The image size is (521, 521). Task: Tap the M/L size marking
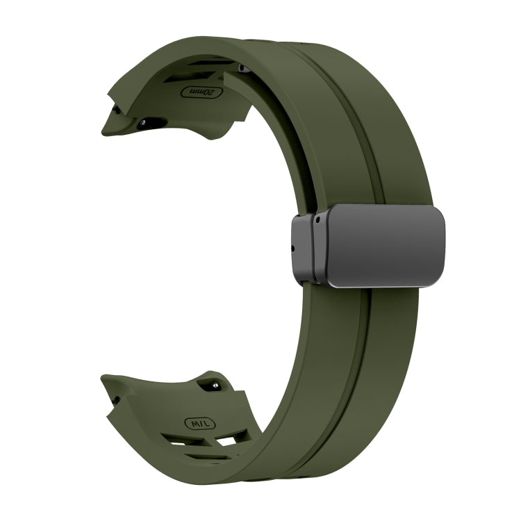pyautogui.click(x=199, y=422)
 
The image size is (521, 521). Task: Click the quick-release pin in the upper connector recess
pyautogui.click(x=144, y=122)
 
